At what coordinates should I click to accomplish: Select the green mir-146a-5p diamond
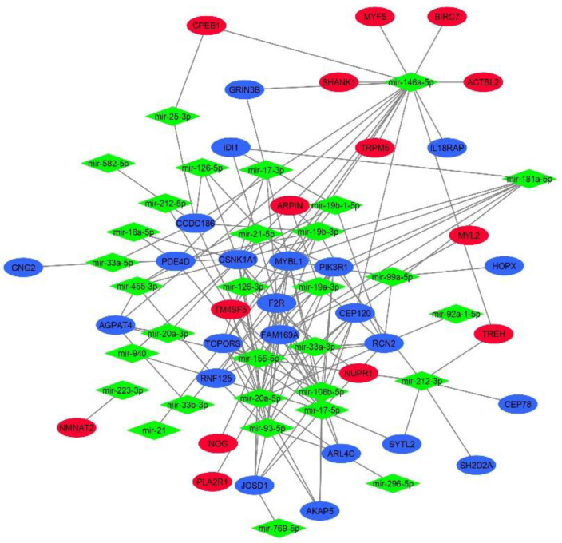click(410, 81)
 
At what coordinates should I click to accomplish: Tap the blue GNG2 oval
click(28, 265)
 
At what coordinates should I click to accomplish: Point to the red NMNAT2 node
click(82, 428)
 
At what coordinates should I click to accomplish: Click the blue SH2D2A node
click(478, 463)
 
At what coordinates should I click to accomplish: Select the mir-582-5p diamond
click(107, 164)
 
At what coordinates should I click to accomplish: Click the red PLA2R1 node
click(216, 481)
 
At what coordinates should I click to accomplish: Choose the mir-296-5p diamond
click(392, 483)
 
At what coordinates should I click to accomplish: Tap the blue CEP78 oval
click(525, 404)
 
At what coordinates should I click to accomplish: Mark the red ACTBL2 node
click(485, 81)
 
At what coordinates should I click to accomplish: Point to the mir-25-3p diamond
click(172, 117)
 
